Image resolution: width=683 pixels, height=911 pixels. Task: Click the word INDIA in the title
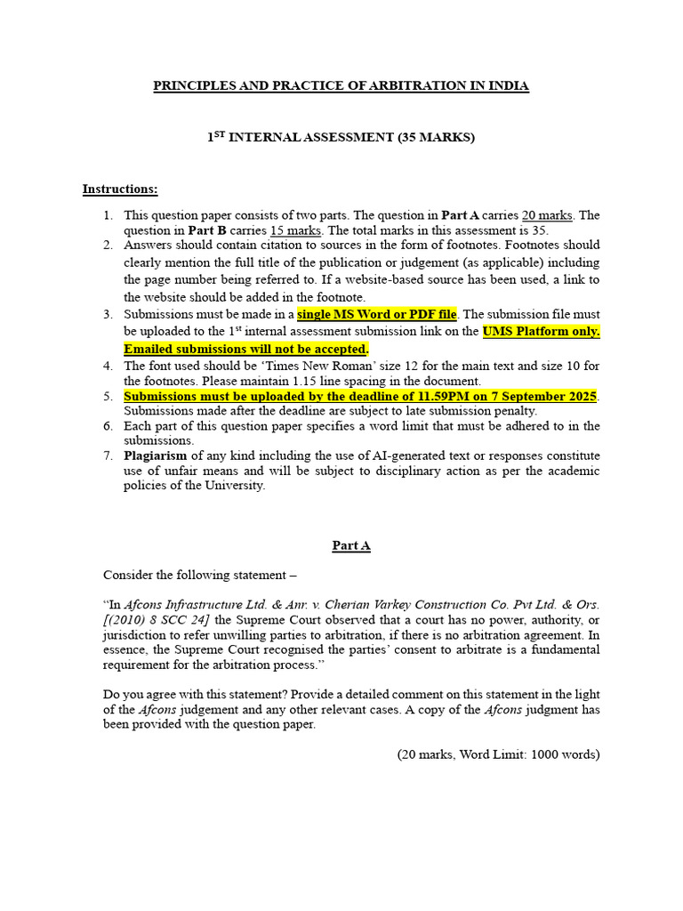click(x=509, y=86)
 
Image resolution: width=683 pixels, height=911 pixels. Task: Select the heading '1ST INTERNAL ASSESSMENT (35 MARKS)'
click(x=341, y=138)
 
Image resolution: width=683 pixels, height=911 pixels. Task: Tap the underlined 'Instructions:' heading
click(x=120, y=189)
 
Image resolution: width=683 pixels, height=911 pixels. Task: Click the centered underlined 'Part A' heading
click(x=351, y=545)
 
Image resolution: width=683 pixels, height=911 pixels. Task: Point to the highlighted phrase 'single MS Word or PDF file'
click(x=377, y=314)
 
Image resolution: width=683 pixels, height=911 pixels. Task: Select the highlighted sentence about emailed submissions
click(x=245, y=349)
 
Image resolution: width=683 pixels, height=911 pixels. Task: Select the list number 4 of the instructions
click(x=107, y=365)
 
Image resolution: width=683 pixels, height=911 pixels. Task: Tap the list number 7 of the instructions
click(x=107, y=455)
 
